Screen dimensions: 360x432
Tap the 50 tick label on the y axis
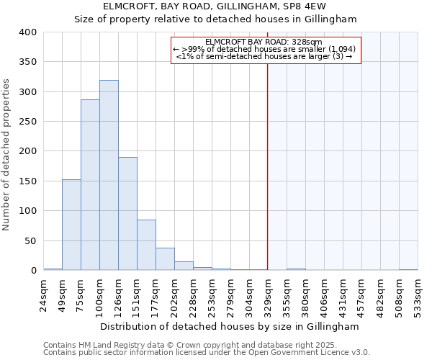click(x=30, y=240)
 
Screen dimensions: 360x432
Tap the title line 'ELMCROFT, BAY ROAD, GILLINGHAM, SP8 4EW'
click(x=215, y=6)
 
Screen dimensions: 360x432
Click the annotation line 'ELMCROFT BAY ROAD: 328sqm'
click(x=264, y=42)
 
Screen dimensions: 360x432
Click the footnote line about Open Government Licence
click(x=206, y=353)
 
